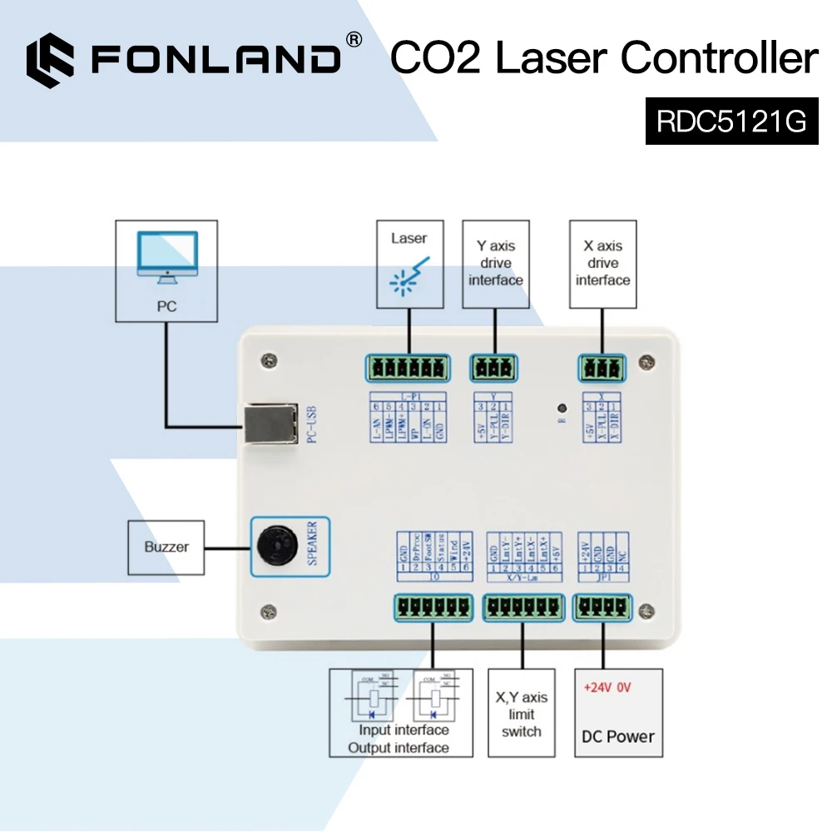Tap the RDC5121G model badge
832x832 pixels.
(x=732, y=121)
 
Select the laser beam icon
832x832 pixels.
(x=409, y=275)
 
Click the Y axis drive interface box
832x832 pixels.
(x=496, y=264)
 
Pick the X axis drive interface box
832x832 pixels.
(x=602, y=264)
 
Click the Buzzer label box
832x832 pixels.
(x=166, y=547)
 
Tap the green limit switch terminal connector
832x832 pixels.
(x=522, y=608)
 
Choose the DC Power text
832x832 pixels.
(x=618, y=736)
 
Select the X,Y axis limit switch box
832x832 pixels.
(x=521, y=713)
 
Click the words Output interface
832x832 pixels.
(x=399, y=747)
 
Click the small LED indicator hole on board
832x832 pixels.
(x=562, y=409)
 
